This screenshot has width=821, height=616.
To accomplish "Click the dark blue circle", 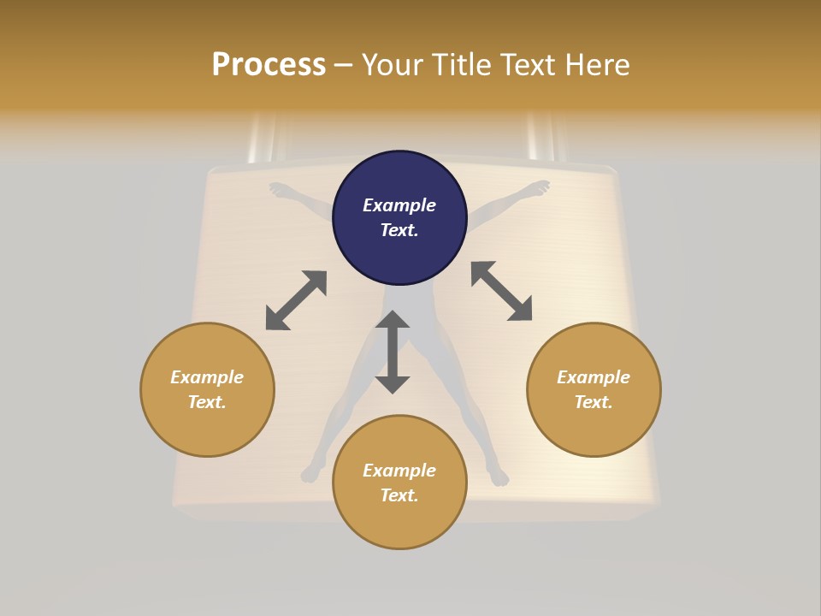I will [x=399, y=218].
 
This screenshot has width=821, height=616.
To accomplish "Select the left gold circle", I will [x=207, y=389].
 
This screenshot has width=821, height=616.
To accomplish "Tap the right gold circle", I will [x=594, y=389].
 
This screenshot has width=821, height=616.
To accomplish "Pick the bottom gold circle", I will [x=399, y=483].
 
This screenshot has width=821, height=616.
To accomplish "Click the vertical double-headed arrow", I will [x=393, y=352].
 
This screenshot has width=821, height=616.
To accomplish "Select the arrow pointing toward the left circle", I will [x=296, y=300].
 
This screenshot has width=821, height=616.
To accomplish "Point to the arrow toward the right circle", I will [x=502, y=291].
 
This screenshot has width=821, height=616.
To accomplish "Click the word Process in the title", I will [x=269, y=65].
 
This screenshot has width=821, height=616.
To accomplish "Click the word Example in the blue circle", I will [x=399, y=205].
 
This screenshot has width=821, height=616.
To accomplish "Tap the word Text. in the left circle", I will [x=207, y=402].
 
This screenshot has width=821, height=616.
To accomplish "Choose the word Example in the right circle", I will [x=594, y=376].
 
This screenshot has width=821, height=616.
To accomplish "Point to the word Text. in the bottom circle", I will [x=399, y=495].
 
